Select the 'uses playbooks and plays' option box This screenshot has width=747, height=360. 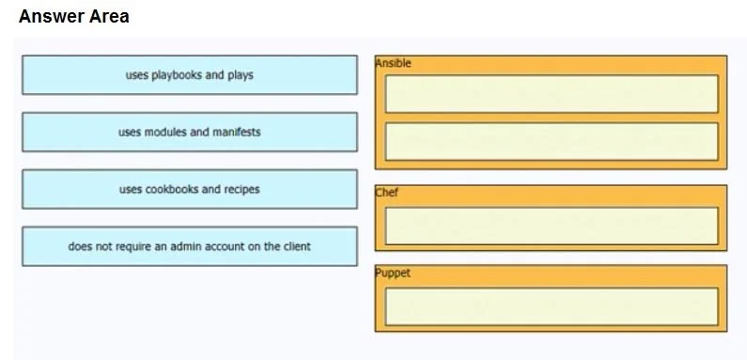pos(190,75)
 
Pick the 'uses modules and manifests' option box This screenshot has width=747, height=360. pos(190,133)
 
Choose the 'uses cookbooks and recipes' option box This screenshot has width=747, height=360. pos(190,189)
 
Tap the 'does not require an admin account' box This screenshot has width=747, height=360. pos(190,246)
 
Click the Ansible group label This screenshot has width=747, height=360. pos(393,63)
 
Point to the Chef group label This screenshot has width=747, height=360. pos(387,193)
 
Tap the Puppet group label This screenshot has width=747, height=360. pos(393,274)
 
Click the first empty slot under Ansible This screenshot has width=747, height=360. pos(552,93)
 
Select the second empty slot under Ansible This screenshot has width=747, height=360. pos(552,142)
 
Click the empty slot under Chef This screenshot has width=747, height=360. pos(552,226)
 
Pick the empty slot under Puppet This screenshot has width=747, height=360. pos(552,306)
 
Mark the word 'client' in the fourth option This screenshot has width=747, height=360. pos(297,246)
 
